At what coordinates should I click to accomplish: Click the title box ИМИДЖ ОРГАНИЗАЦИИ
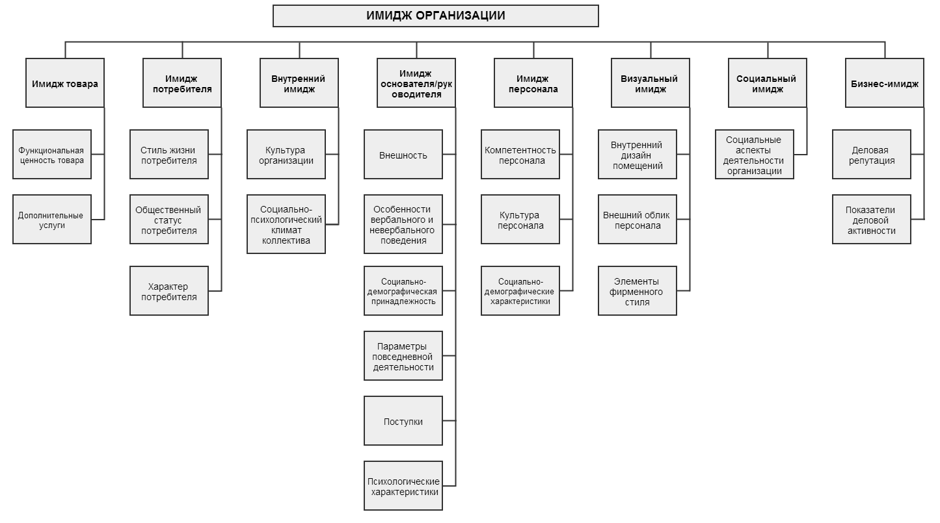tap(435, 16)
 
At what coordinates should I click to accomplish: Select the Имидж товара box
tap(65, 83)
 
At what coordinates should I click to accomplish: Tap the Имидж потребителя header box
tap(182, 83)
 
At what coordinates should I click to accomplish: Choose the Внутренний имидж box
tap(299, 83)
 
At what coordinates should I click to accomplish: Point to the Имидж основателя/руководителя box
tap(416, 83)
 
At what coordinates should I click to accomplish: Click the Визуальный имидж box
tap(651, 83)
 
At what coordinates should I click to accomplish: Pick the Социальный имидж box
tap(768, 83)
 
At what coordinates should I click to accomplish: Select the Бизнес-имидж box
tap(885, 83)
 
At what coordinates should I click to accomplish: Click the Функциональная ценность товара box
tap(52, 155)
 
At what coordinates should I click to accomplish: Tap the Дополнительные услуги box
tap(52, 220)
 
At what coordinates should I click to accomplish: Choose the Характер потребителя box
tap(169, 291)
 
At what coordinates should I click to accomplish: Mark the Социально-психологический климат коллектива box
tap(286, 225)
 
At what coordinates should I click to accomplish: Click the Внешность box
tap(403, 155)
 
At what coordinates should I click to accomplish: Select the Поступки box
tap(403, 421)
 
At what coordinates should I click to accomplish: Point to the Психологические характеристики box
tap(403, 486)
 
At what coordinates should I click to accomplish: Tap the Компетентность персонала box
tap(520, 155)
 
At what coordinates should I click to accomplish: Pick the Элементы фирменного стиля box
tap(638, 291)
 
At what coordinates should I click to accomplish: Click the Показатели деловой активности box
tap(872, 220)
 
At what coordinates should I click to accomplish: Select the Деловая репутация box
tap(872, 155)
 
